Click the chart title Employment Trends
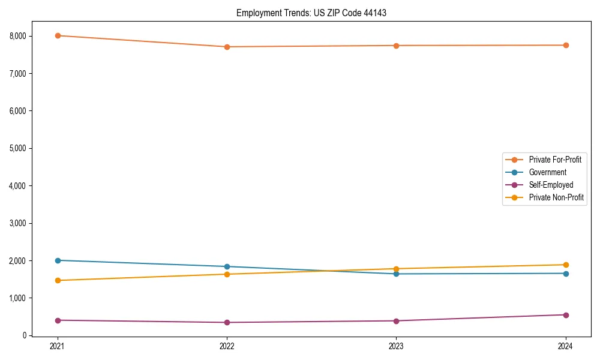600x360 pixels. coord(311,13)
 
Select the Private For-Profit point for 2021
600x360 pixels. coord(58,35)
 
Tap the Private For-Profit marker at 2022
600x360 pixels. coord(227,47)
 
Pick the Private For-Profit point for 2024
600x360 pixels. coord(566,45)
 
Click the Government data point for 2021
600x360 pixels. coord(58,260)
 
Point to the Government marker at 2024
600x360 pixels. coord(566,274)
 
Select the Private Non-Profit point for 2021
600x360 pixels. coord(58,280)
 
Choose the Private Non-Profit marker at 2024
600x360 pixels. coord(566,265)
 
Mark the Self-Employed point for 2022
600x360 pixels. coord(227,322)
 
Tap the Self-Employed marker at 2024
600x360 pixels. coord(566,315)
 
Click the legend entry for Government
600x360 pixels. coord(547,172)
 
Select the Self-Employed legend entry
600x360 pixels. coord(551,185)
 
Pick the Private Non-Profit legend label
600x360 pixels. coord(556,197)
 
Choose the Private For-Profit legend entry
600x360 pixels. coord(555,160)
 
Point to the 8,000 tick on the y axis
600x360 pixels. coord(18,36)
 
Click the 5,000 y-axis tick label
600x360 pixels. coord(18,148)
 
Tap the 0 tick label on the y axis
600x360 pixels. coord(25,335)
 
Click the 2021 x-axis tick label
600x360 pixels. coord(58,346)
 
